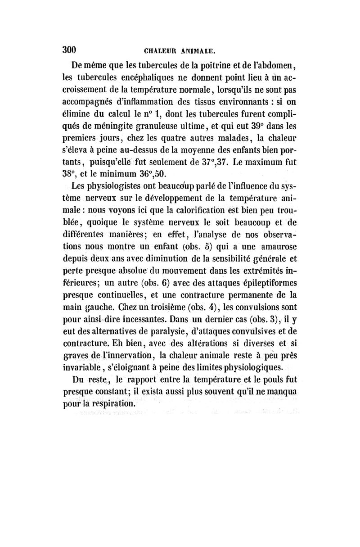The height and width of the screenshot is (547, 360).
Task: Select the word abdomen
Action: coord(274,64)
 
